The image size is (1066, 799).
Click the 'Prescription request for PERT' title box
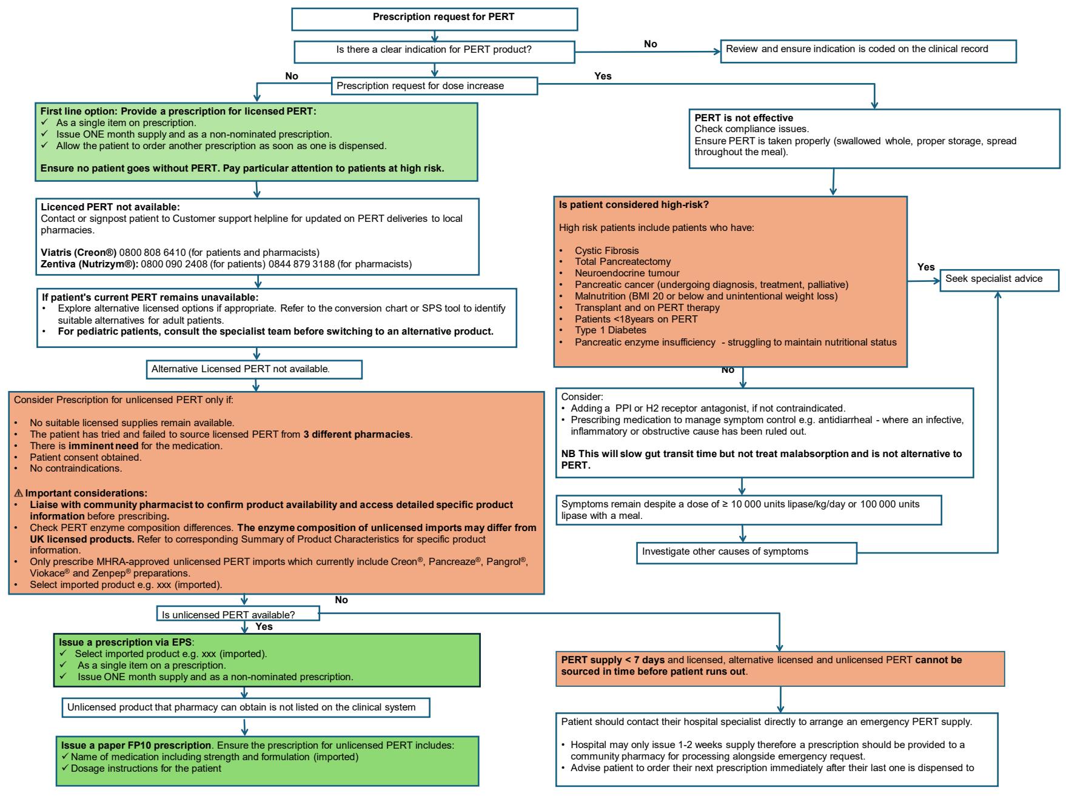[x=434, y=19]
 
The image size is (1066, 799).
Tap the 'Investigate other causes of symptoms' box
[x=746, y=553]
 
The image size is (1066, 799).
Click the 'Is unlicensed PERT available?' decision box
[x=238, y=614]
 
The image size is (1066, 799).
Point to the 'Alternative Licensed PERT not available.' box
[x=255, y=369]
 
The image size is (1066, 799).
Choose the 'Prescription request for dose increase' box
[x=434, y=86]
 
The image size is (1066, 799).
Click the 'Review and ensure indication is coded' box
[x=868, y=51]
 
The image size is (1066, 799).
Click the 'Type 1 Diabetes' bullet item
[x=610, y=330]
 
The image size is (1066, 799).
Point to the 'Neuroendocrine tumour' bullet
[x=627, y=273]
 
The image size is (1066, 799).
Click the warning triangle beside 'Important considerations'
[x=18, y=493]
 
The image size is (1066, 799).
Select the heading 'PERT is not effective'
[x=743, y=118]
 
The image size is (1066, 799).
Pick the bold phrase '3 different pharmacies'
[x=357, y=434]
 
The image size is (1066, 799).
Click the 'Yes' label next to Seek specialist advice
[x=926, y=267]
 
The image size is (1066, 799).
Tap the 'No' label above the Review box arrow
[x=651, y=44]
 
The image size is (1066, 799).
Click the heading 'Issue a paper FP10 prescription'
[x=136, y=745]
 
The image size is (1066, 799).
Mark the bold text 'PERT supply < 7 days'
[x=612, y=660]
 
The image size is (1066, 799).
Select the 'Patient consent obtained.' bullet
[x=85, y=457]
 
